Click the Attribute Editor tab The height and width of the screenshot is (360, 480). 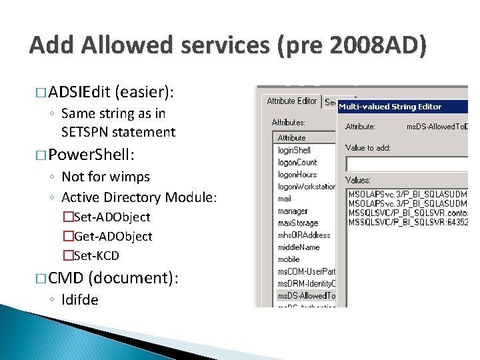[292, 101]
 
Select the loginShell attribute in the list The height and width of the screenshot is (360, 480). [294, 150]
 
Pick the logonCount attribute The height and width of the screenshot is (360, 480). [297, 162]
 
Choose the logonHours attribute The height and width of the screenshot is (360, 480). [297, 174]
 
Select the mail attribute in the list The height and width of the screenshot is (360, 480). [285, 199]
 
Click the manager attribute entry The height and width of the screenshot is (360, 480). [293, 211]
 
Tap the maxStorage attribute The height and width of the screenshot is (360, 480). [297, 223]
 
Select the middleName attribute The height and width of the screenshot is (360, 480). [298, 247]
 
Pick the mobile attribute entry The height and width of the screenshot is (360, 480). [289, 259]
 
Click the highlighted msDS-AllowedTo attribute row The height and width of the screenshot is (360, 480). [306, 295]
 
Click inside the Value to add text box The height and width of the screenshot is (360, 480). [407, 162]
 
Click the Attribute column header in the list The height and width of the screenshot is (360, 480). [292, 137]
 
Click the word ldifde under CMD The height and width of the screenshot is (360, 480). [79, 299]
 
